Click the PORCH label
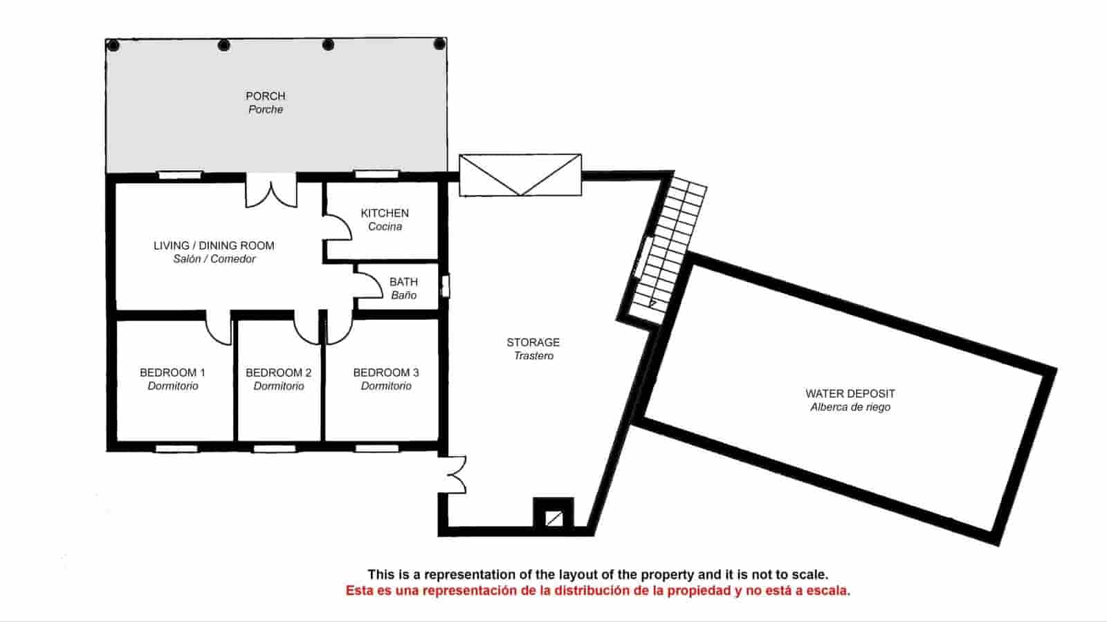click(x=265, y=97)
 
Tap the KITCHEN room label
click(x=385, y=214)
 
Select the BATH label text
click(x=403, y=282)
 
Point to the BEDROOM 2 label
click(x=278, y=373)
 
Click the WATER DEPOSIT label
click(x=850, y=394)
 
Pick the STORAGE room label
click(x=533, y=343)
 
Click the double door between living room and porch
click(x=271, y=191)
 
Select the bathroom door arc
click(x=369, y=283)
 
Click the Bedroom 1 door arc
click(x=219, y=329)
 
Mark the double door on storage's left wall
click(x=454, y=475)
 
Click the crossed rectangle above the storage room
click(x=520, y=175)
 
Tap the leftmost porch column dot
click(x=113, y=46)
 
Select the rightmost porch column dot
click(x=439, y=45)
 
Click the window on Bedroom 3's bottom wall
click(x=376, y=449)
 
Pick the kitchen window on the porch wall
click(x=376, y=174)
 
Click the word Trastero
click(x=533, y=357)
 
